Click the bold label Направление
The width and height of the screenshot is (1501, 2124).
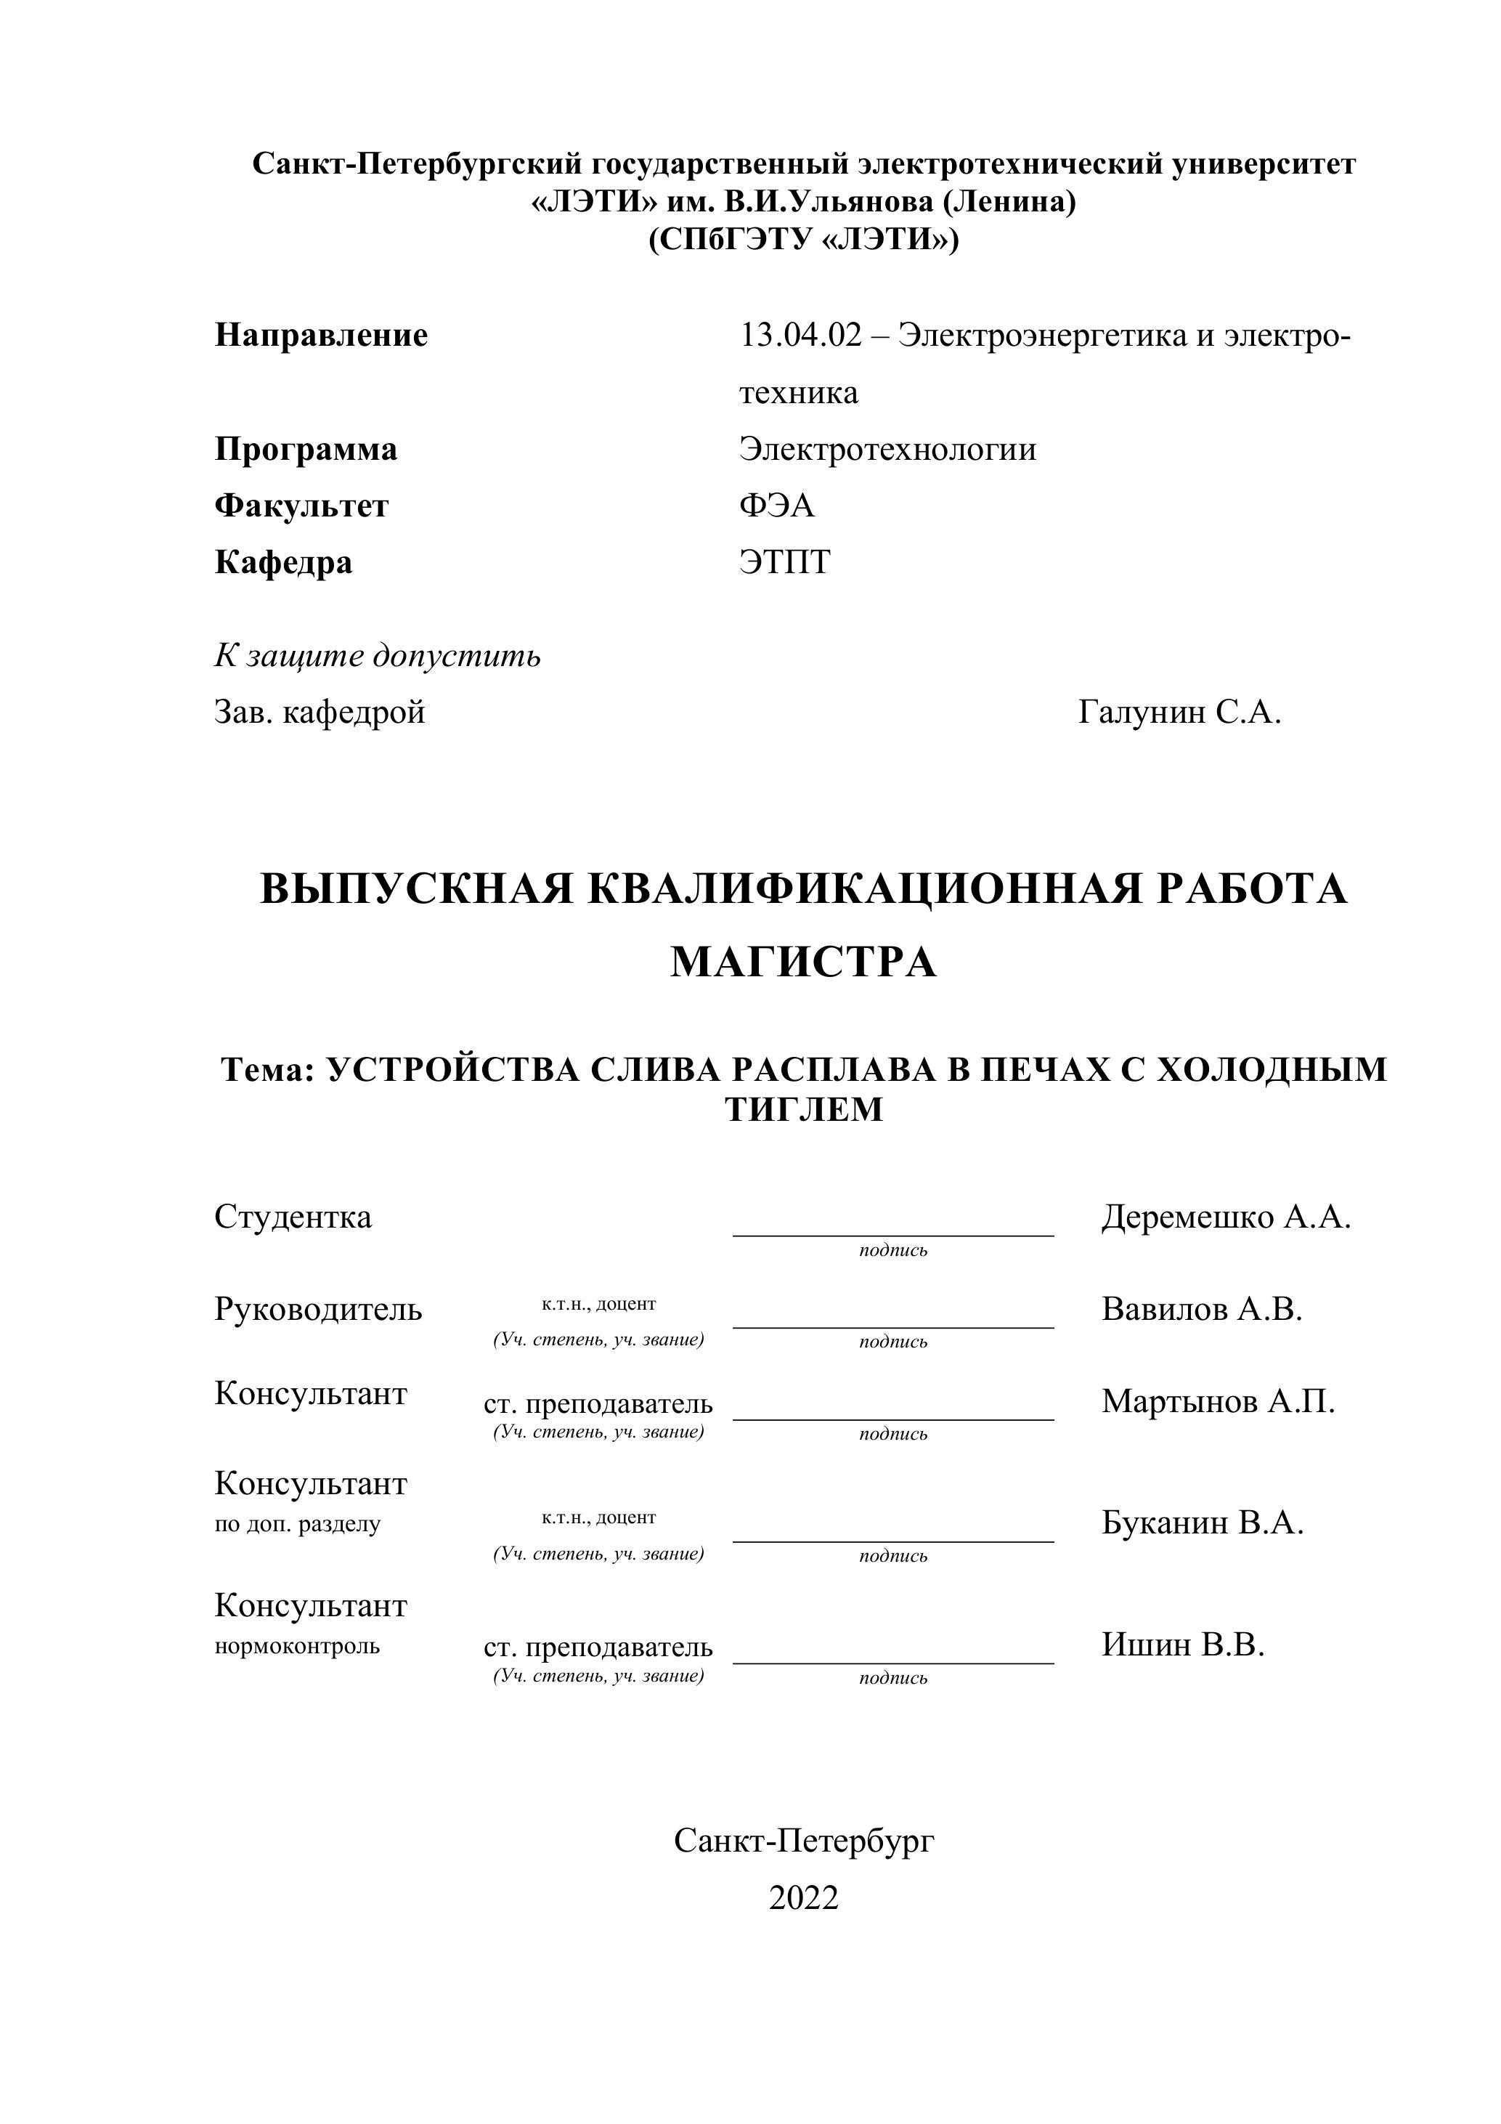tap(321, 335)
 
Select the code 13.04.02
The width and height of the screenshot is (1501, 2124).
tap(800, 335)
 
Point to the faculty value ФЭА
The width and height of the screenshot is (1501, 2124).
tap(777, 506)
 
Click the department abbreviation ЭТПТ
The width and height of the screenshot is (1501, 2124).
tap(784, 562)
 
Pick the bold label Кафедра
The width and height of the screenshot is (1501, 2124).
tap(283, 562)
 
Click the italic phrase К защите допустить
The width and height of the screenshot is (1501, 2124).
tap(378, 656)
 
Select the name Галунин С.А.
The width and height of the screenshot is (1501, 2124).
tap(1179, 713)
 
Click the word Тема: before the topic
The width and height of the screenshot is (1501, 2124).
tap(268, 1069)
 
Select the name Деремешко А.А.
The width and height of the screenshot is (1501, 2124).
tap(1225, 1217)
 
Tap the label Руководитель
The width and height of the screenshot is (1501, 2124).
tap(318, 1310)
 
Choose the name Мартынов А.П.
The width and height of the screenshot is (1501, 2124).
tap(1218, 1401)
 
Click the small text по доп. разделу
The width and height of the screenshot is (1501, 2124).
tap(297, 1525)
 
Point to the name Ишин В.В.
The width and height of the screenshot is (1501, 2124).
tap(1182, 1645)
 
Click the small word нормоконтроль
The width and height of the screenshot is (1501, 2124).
tap(297, 1647)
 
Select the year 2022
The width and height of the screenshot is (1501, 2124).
tap(802, 1898)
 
